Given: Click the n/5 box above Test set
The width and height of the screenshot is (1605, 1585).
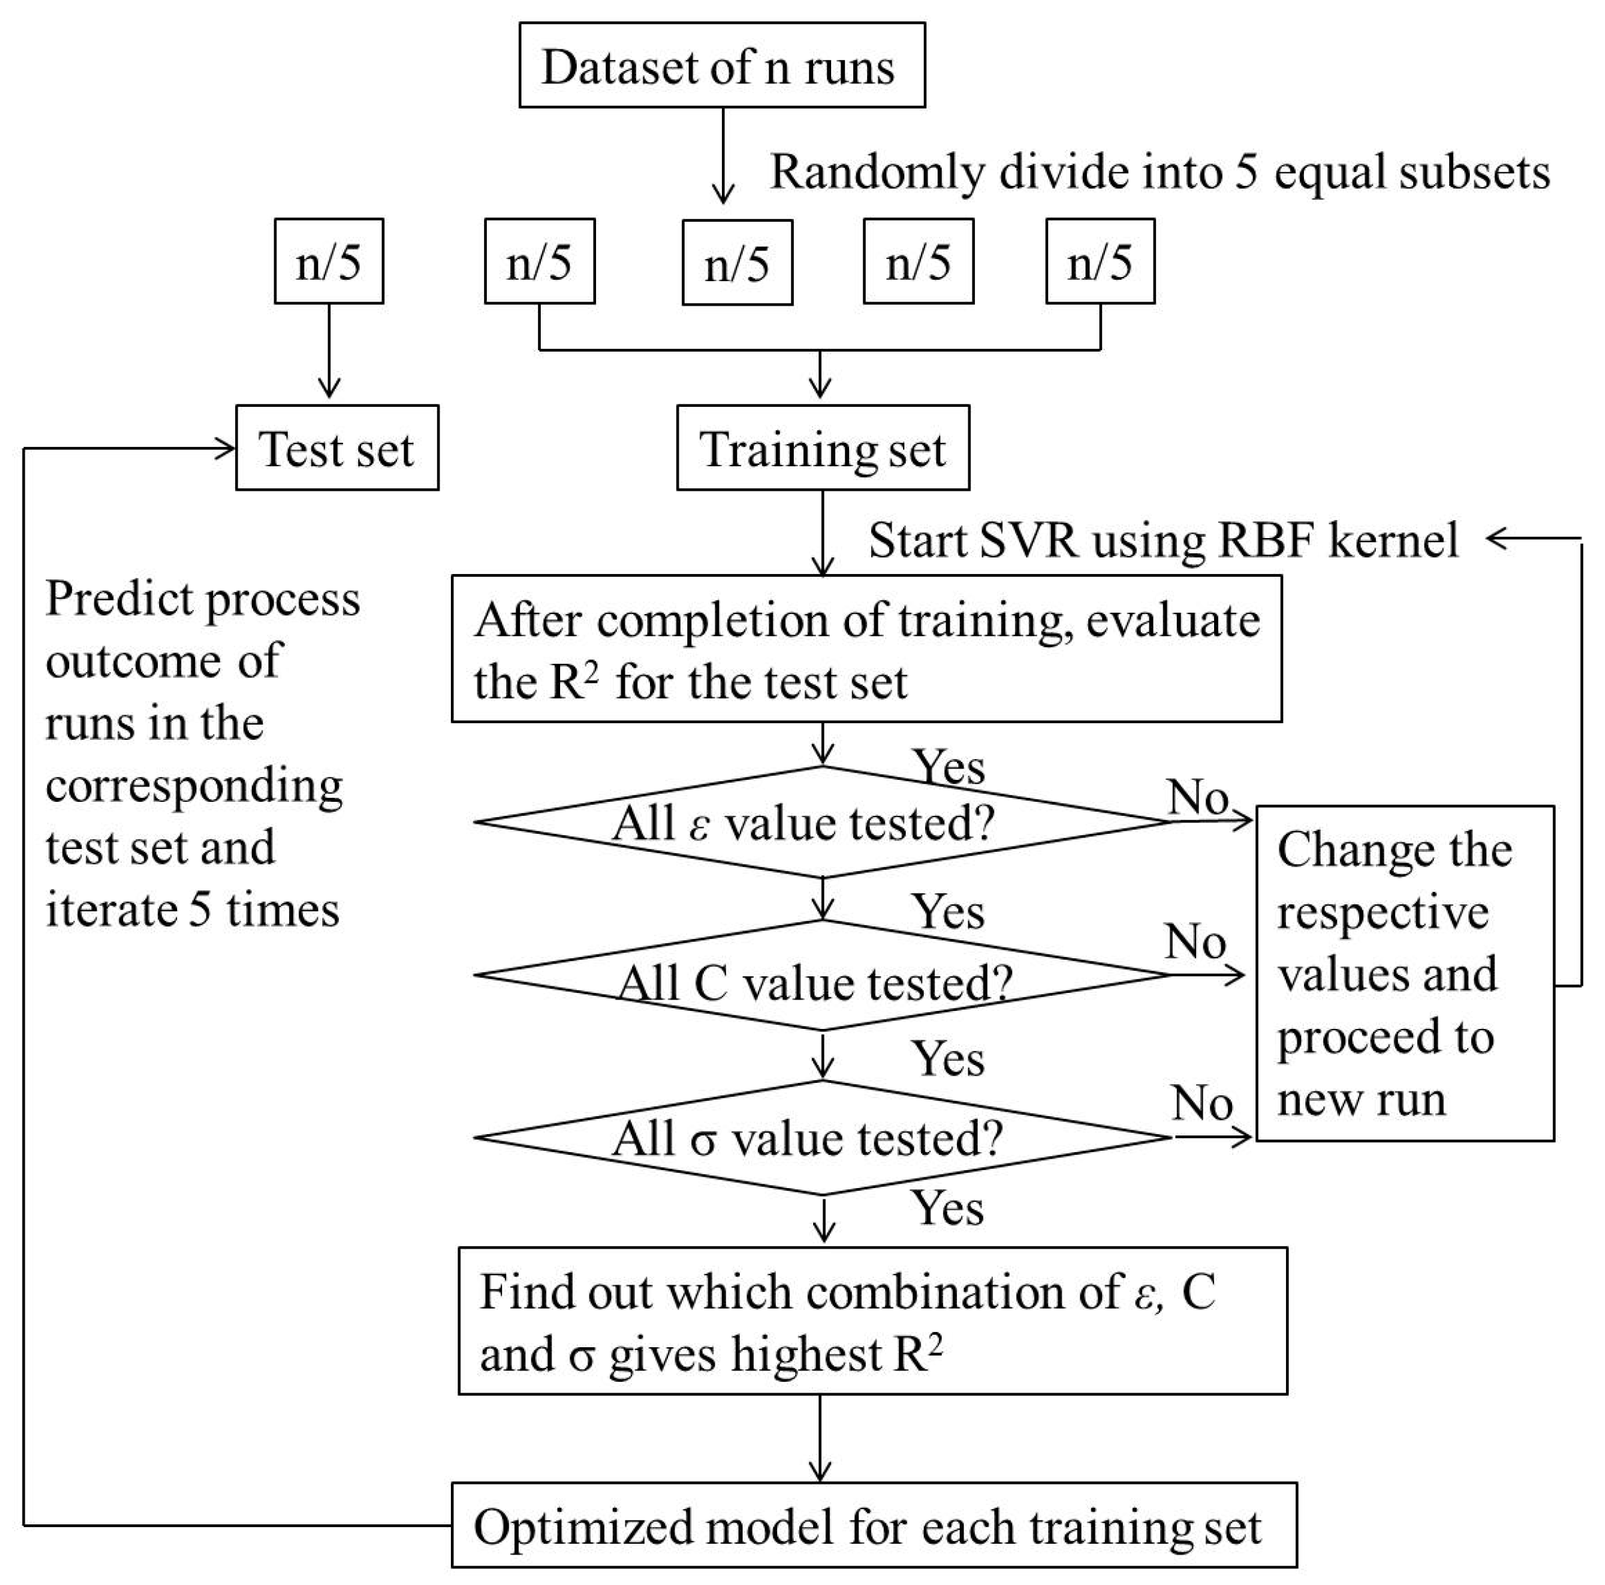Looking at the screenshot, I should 329,262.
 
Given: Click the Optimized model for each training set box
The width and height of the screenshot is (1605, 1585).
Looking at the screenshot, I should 873,1525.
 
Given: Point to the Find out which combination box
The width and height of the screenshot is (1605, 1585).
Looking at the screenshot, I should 872,1321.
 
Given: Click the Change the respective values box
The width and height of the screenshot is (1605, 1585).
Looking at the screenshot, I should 1404,973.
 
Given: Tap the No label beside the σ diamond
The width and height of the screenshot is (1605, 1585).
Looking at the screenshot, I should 1201,1104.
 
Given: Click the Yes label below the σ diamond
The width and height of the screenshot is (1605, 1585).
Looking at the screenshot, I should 947,1208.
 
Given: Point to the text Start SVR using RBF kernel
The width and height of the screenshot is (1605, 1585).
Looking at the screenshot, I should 1163,541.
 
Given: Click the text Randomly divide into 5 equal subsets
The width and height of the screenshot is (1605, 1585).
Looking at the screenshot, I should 1159,172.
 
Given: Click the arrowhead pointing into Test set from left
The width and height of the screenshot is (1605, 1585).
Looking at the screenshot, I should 226,449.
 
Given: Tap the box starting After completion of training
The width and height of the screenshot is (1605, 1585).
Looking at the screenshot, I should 866,649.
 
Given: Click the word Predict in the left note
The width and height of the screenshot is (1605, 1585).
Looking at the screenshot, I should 119,598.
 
